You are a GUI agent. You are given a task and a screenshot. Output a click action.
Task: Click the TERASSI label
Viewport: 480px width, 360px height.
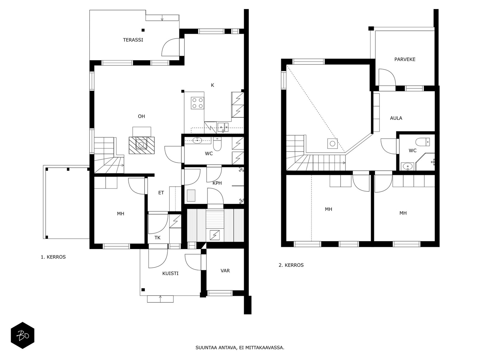(133, 40)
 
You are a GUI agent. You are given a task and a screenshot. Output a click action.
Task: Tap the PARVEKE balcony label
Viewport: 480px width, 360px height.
(405, 59)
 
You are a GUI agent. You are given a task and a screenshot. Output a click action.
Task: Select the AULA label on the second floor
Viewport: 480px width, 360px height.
(396, 118)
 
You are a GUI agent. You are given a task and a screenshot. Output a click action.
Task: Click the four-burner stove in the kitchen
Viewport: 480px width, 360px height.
(197, 103)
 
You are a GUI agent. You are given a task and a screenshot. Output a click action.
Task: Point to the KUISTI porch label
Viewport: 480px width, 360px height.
(170, 273)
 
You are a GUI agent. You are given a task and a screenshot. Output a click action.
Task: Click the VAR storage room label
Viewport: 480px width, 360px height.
(225, 271)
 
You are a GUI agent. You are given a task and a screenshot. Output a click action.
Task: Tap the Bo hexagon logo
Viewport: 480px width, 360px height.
(23, 335)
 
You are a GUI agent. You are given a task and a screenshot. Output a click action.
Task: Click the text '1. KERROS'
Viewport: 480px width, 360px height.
(53, 257)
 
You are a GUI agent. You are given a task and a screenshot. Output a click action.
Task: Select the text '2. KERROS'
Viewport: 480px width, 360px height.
(291, 265)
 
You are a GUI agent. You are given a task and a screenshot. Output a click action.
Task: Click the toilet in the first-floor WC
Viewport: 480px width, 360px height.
(217, 144)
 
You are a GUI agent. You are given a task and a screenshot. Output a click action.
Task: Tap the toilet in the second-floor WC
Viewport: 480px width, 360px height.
(422, 142)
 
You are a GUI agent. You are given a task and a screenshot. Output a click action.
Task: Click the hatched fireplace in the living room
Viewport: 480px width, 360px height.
(142, 145)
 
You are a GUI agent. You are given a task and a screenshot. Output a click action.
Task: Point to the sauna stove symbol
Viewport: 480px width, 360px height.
(214, 235)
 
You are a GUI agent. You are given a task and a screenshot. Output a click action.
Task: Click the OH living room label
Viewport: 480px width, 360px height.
(141, 116)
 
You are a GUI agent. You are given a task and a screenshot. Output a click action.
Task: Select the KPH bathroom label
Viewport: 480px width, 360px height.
(217, 183)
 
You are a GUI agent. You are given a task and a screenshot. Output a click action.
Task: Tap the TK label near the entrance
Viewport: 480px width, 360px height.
(157, 238)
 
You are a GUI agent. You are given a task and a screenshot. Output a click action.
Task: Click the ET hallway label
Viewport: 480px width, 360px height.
(161, 193)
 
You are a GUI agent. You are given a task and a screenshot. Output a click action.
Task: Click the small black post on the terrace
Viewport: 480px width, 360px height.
(143, 30)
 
